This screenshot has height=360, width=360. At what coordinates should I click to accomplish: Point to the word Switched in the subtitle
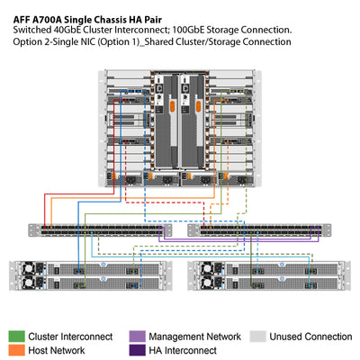click(x=33, y=30)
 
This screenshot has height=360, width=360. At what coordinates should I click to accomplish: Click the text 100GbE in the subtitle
click(x=184, y=30)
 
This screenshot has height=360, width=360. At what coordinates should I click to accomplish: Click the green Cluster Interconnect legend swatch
click(x=16, y=336)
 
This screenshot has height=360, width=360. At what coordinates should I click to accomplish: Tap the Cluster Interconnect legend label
click(x=69, y=336)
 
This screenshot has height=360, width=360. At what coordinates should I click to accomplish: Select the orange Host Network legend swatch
click(x=16, y=349)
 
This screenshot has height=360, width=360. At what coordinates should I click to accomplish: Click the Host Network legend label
click(x=58, y=349)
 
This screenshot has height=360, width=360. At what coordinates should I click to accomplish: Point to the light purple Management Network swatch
click(x=137, y=336)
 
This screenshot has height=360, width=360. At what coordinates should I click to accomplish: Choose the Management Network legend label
click(x=195, y=336)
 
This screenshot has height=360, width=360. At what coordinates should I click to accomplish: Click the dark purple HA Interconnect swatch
click(x=137, y=349)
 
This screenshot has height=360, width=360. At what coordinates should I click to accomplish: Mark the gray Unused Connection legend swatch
click(x=258, y=336)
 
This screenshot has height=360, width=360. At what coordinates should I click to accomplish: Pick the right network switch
click(x=258, y=231)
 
